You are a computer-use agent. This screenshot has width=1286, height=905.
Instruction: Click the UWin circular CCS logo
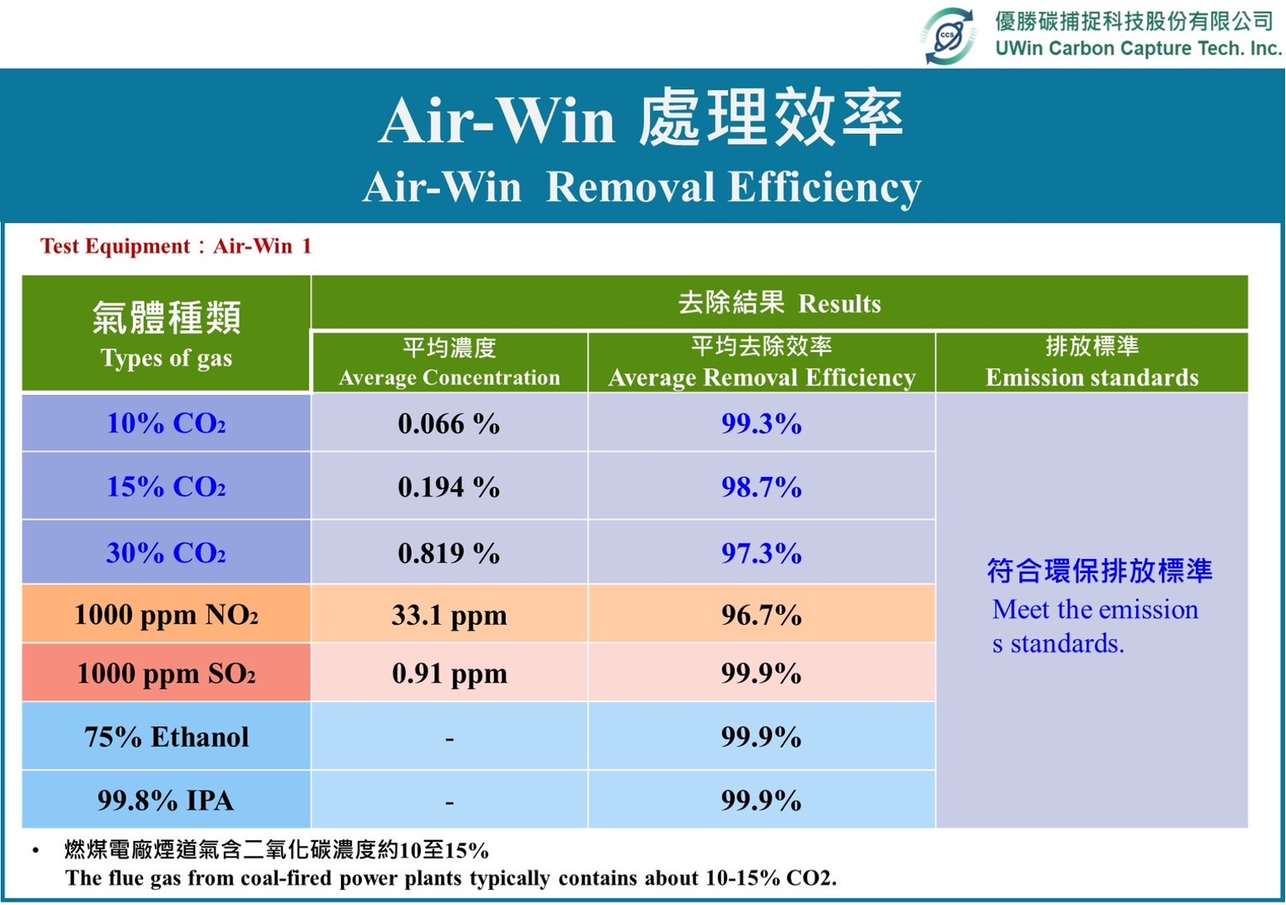point(947,36)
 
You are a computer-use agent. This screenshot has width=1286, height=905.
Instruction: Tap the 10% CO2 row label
point(166,423)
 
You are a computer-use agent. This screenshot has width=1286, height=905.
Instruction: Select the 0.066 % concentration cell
point(448,423)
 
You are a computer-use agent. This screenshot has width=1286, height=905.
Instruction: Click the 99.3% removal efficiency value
point(761,423)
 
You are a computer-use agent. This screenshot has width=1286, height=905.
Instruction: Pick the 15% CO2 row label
point(166,487)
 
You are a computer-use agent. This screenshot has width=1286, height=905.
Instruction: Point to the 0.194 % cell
point(448,487)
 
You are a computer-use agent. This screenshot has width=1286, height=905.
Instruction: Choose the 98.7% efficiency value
point(761,487)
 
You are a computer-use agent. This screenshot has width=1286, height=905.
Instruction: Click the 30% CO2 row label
point(166,552)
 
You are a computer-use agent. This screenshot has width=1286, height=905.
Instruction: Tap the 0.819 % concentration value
point(448,553)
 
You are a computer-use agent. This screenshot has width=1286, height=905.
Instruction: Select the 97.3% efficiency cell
point(761,552)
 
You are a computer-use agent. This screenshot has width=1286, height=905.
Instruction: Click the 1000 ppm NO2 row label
point(166,615)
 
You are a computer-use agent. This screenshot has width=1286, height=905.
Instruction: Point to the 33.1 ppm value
point(449,616)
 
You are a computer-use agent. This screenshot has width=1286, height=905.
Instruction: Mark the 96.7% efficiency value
point(761,615)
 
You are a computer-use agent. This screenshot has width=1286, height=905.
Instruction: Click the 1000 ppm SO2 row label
point(166,673)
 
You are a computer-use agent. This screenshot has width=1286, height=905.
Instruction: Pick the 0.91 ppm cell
point(449,674)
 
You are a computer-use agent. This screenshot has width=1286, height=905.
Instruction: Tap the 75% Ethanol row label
point(166,737)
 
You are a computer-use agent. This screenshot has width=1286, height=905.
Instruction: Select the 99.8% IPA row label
point(166,800)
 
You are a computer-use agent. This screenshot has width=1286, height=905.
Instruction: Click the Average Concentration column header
point(449,363)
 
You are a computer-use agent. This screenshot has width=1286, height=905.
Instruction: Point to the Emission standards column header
point(1092,362)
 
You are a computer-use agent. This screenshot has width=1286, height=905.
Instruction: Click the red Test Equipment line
point(176,245)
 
